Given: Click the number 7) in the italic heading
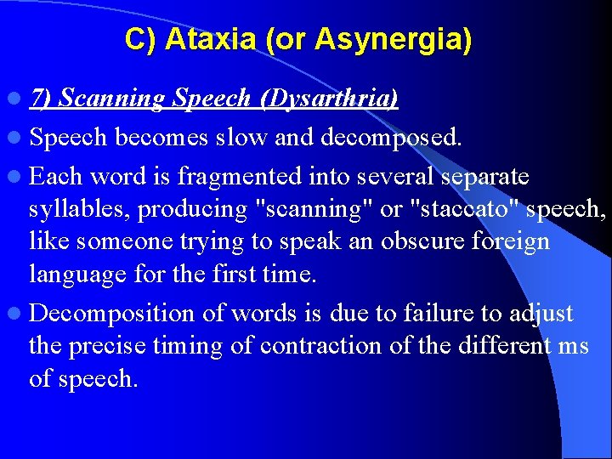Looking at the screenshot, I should [x=42, y=99].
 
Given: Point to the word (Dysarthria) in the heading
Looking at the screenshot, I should [x=328, y=99].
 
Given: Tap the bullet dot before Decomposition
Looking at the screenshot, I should [x=18, y=314].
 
